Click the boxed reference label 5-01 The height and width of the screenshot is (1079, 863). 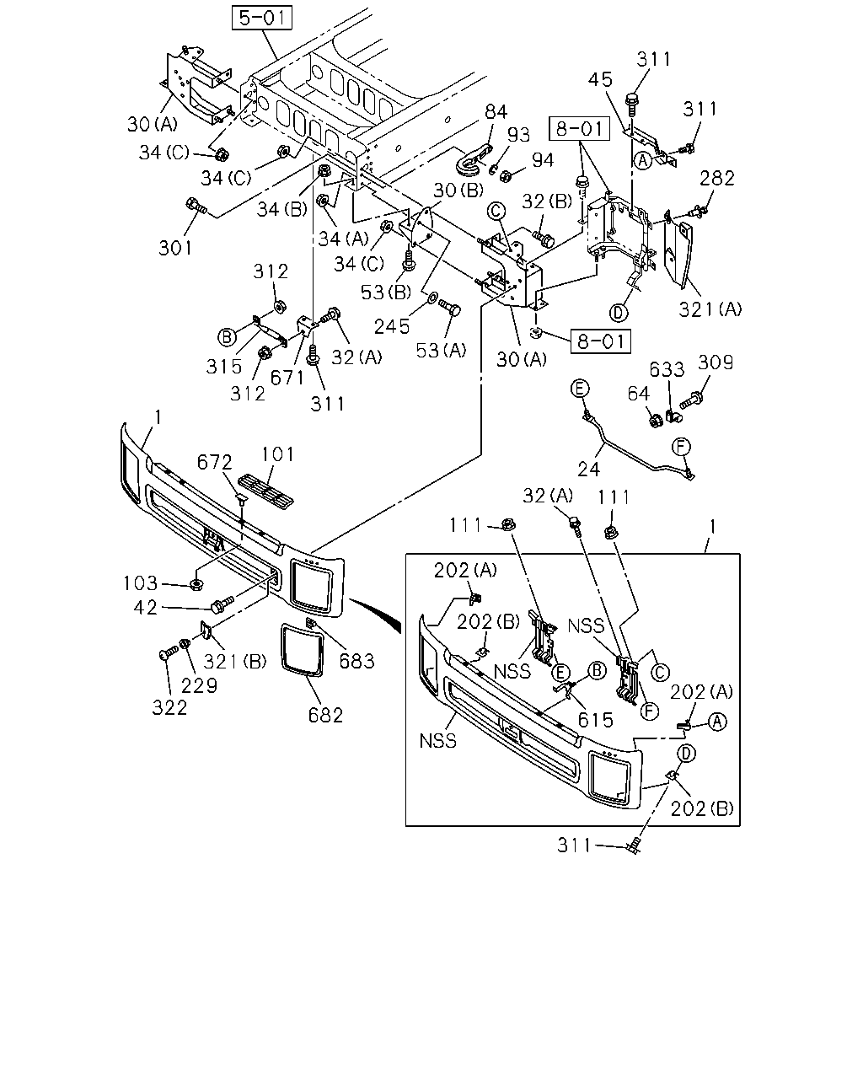tap(262, 18)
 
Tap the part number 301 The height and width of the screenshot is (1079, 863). tap(175, 248)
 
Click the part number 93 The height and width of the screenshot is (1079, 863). tap(518, 134)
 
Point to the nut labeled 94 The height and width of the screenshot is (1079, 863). tap(506, 175)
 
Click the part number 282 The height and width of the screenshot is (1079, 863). tap(716, 178)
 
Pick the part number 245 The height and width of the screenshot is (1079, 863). tap(392, 326)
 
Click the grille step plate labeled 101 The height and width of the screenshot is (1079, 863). tap(265, 491)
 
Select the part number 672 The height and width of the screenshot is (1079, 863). tap(215, 462)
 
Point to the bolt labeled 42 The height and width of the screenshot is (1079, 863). tap(222, 604)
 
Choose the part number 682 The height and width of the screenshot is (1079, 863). tap(325, 715)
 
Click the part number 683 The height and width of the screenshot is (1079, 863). tap(357, 662)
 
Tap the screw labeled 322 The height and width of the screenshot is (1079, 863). tap(168, 652)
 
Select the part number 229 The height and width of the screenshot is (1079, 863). tap(199, 685)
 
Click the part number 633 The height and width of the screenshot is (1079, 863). tap(667, 369)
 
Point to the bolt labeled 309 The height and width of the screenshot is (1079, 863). tap(690, 401)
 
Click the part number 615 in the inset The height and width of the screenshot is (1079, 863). tap(595, 721)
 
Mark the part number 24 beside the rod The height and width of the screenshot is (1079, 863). tap(589, 470)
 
